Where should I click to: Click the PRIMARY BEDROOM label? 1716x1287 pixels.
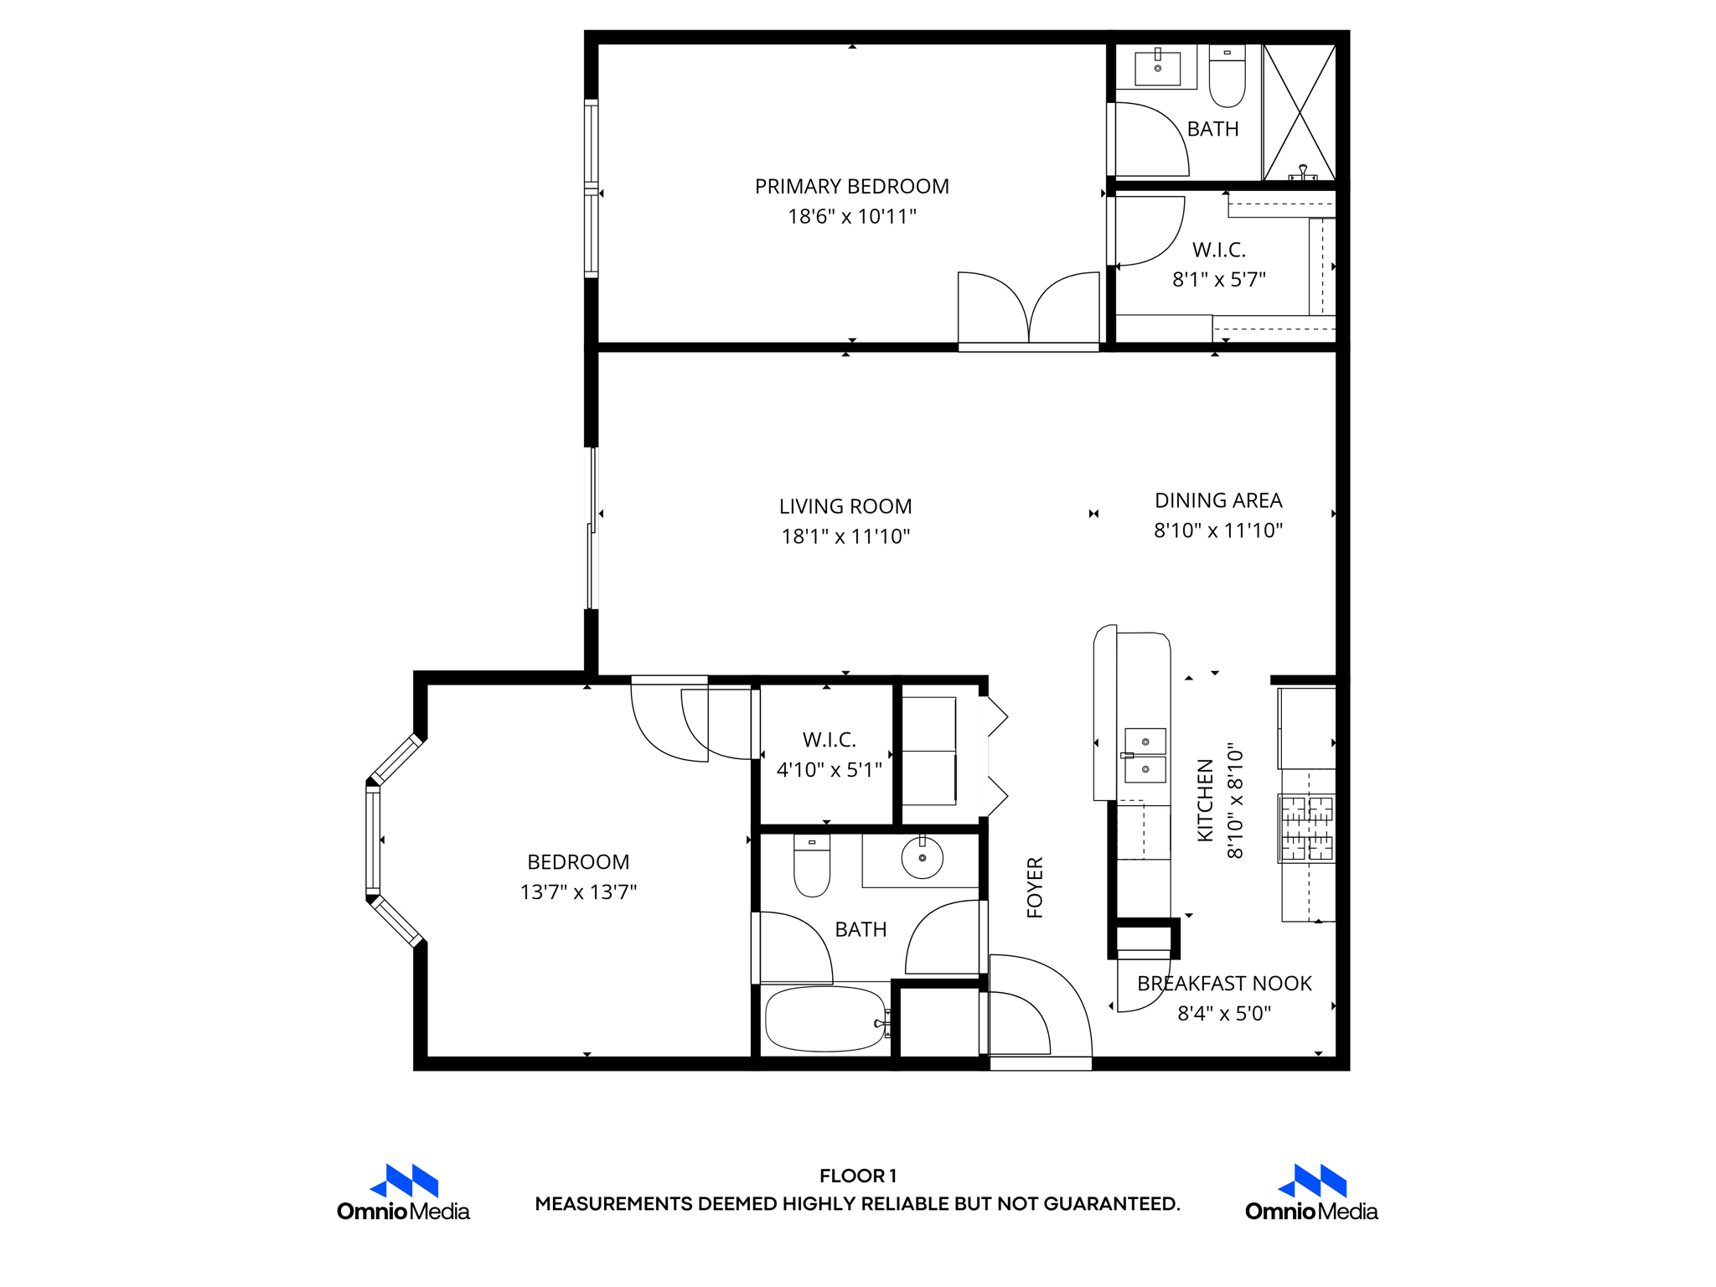coord(851,186)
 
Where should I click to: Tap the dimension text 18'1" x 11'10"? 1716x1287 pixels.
coord(845,536)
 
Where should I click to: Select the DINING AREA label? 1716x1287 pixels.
coord(1217,500)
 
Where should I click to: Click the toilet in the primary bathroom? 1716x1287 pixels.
coord(1227,77)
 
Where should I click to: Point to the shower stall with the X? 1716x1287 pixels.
coord(1299,111)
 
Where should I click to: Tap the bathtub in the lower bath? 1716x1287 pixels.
coord(825,1019)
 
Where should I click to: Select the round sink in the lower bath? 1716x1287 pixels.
coord(922,857)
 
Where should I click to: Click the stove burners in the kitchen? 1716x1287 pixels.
coord(1306,829)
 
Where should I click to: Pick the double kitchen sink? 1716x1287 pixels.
coord(1145,755)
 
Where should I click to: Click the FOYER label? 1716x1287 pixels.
coord(1035,887)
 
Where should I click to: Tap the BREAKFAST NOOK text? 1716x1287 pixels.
coord(1223,984)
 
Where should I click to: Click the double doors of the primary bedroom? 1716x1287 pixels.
coord(1028,310)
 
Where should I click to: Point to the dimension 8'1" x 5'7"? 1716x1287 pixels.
coord(1218,279)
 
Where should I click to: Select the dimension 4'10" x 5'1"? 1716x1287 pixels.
coord(829,769)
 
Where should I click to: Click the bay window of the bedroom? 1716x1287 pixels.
coord(374,840)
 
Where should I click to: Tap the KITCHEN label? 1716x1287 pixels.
coord(1205,800)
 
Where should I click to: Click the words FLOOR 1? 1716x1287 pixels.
coord(857,1176)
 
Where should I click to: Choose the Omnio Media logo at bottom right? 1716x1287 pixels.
coord(1311,1193)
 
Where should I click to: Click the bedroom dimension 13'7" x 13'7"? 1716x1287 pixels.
coord(578,892)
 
